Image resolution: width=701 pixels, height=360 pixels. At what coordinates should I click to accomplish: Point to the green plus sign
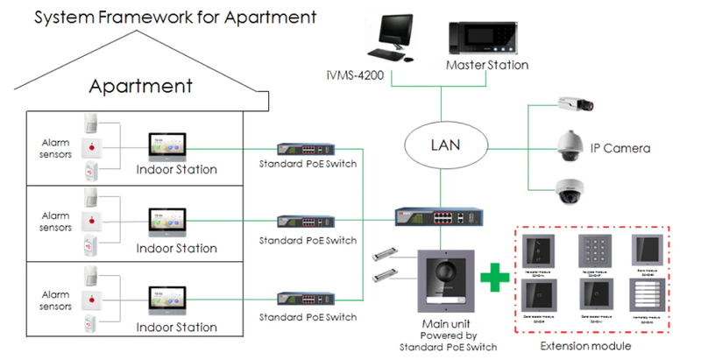(x=496, y=277)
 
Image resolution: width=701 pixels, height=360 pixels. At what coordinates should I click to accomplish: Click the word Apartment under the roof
(x=141, y=86)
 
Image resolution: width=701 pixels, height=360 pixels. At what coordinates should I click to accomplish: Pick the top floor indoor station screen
(x=168, y=142)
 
